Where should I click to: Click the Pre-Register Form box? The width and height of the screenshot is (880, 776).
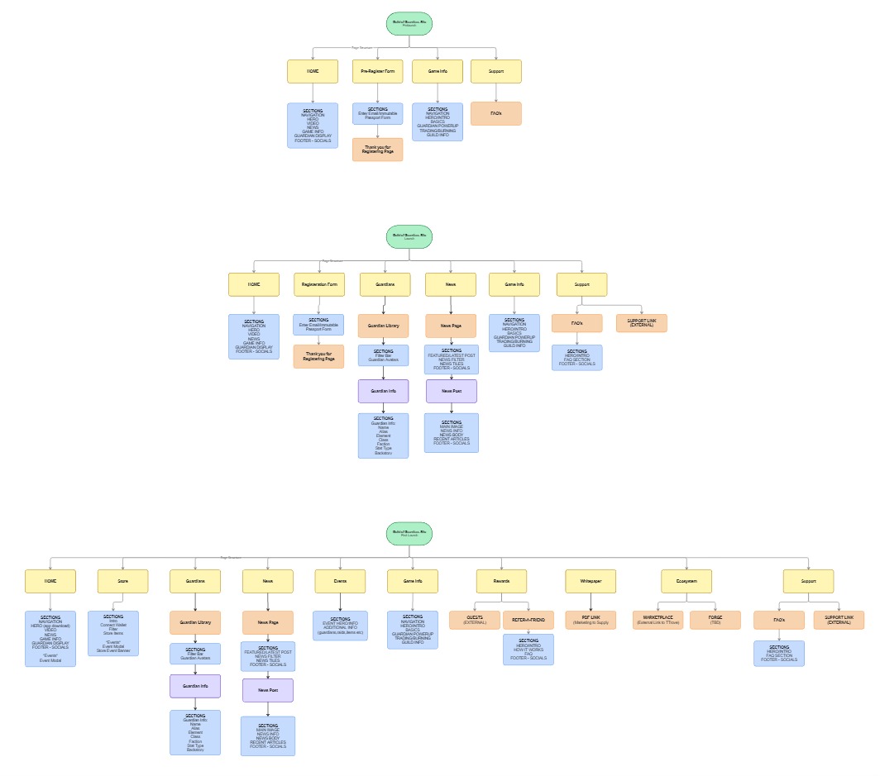(377, 72)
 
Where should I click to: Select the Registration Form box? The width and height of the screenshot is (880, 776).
(318, 285)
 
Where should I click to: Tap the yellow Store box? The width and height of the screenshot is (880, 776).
(122, 582)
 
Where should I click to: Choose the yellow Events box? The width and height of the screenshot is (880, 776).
(340, 582)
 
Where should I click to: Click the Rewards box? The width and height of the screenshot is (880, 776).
(501, 582)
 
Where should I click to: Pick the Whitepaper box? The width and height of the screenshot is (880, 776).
(591, 582)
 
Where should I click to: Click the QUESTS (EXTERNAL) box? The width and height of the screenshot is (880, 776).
(474, 620)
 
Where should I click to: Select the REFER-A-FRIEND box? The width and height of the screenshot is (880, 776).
(528, 620)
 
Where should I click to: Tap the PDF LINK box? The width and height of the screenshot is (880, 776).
(591, 620)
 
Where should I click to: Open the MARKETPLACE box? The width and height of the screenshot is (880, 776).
(658, 620)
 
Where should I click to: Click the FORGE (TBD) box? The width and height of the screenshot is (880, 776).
(716, 620)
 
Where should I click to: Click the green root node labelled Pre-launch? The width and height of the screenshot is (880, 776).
(410, 24)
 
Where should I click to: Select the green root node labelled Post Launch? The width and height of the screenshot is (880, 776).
(410, 533)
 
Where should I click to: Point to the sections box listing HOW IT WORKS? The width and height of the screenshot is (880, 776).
(528, 650)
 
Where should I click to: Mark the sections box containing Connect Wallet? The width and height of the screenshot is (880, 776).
(113, 633)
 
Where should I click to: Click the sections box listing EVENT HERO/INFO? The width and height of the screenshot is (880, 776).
(340, 626)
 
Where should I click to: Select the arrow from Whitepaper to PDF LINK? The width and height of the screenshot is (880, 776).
(591, 602)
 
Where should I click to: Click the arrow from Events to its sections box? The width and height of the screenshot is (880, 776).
(340, 602)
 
